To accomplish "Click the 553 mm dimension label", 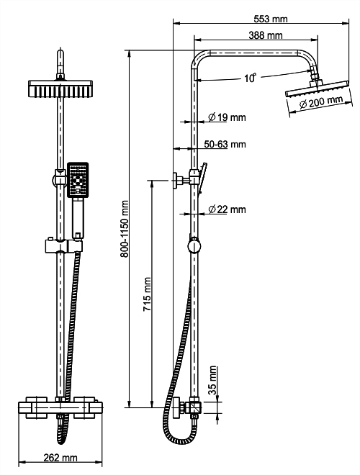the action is [x=271, y=19].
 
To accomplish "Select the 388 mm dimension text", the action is [x=266, y=35].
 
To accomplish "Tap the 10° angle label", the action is [x=251, y=78].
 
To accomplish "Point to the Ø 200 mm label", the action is [x=321, y=101].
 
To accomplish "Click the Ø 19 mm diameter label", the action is [x=227, y=117].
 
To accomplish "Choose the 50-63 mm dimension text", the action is [x=225, y=144].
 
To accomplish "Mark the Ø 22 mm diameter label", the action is [x=227, y=209].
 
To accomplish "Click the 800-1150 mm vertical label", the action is [x=124, y=229].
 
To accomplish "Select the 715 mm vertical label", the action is [x=148, y=294].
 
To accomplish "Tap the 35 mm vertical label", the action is [x=213, y=380].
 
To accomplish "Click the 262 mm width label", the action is [x=60, y=458].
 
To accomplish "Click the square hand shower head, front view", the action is [x=78, y=180].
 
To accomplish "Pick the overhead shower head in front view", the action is [x=60, y=89].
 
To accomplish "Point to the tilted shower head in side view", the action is [x=318, y=89].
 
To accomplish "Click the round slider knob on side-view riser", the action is [x=194, y=245].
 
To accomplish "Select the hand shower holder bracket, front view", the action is [x=63, y=245].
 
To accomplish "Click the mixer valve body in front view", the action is [x=60, y=407].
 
